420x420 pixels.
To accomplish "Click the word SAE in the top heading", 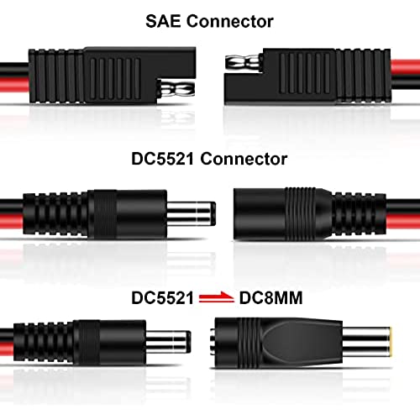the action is tap(164, 21).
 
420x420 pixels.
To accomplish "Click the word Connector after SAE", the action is tap(230, 21).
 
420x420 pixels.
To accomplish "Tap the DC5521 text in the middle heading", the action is tap(163, 159).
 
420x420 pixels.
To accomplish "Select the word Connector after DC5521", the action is tap(244, 159).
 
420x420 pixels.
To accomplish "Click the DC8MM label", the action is tap(270, 297).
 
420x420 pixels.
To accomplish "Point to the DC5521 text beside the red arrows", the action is tap(163, 297).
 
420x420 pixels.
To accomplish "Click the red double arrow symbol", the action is tap(217, 297).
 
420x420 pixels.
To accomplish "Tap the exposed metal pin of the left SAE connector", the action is tap(176, 89).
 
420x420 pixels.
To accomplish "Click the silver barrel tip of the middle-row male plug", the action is tap(192, 213).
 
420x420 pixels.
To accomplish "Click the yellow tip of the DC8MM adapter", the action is tap(391, 342).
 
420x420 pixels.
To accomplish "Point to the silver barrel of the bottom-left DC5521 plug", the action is tap(169, 342).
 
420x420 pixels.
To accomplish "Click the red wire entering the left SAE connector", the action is tap(14, 85).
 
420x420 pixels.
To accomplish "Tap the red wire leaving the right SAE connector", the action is tap(405, 67).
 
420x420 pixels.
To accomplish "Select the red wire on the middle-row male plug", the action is tap(12, 222).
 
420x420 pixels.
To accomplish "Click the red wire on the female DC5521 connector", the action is tap(403, 222).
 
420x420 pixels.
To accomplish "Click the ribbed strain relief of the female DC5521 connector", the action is tap(360, 214).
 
